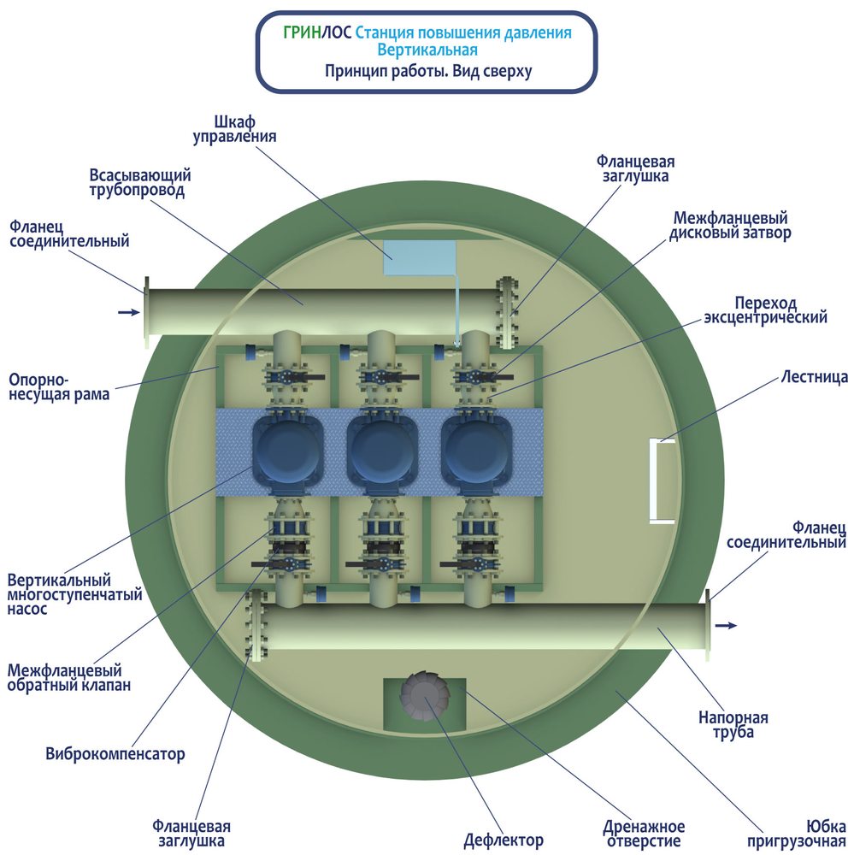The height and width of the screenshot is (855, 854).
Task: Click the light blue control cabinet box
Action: click(420, 257)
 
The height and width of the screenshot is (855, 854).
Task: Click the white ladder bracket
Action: click(662, 481)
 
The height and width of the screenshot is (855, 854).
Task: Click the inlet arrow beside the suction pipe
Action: click(129, 312)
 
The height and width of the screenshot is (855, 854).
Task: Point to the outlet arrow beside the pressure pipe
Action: click(726, 626)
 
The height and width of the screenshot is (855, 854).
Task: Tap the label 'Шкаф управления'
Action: click(234, 130)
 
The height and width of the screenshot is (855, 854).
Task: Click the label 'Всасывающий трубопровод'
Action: click(140, 183)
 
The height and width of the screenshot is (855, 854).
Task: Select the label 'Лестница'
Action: click(814, 377)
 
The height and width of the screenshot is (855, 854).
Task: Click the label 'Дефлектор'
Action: click(504, 840)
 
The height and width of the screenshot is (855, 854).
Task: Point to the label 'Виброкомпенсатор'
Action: click(115, 753)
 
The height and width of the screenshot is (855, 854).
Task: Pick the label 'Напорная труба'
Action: click(733, 725)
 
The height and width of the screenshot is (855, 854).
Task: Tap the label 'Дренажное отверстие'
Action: click(644, 834)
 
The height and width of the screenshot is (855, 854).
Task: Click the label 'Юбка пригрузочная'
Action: click(796, 834)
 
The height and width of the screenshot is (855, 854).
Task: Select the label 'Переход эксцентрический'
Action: click(765, 310)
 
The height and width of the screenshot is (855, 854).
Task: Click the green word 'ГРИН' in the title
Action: click(302, 32)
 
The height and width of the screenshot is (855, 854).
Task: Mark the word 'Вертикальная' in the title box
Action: click(427, 50)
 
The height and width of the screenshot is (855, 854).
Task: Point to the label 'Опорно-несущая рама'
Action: click(59, 386)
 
